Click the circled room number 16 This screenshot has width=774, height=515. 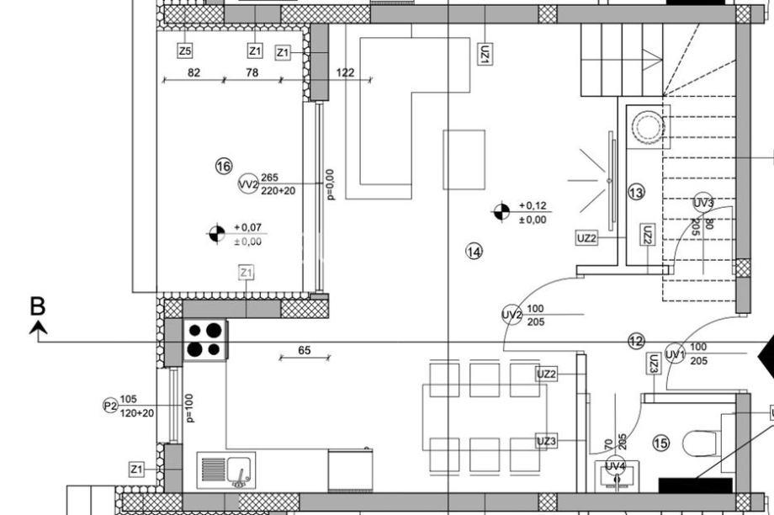[224, 166]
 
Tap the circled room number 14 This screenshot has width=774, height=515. [474, 252]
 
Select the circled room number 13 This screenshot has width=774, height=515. [636, 192]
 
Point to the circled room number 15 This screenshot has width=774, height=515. [661, 443]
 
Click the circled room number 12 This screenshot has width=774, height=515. [637, 341]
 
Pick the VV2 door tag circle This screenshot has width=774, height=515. [248, 184]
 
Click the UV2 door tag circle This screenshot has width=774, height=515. [512, 315]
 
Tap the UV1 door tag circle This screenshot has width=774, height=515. [676, 353]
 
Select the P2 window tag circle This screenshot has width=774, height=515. [110, 406]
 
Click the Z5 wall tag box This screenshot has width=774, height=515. [184, 50]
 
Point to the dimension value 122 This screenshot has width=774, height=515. [345, 72]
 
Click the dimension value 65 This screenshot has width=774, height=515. [304, 350]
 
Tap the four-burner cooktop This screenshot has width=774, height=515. [205, 339]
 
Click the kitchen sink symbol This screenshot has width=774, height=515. [226, 470]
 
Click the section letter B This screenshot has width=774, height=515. [38, 306]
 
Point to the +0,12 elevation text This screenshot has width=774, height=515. [533, 205]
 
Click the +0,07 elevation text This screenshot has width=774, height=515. [248, 228]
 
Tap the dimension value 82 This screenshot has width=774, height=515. [193, 72]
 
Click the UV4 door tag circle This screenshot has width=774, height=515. [616, 466]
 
